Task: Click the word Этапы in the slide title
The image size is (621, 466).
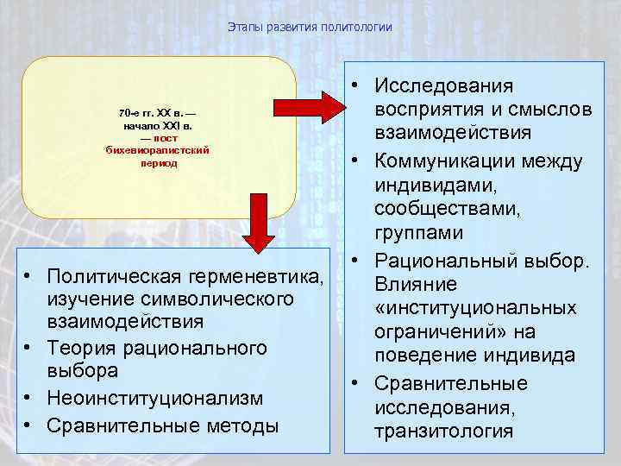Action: coord(243,28)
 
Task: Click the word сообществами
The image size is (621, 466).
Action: coord(441,209)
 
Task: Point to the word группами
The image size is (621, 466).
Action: coord(418,233)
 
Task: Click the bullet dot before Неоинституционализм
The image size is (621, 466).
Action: coord(28,398)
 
